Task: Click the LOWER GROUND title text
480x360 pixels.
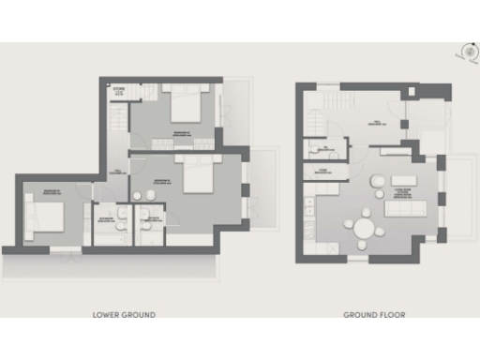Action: (124, 315)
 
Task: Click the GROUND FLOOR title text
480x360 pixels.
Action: (374, 315)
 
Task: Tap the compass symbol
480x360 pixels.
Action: (463, 52)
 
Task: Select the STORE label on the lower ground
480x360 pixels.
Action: (119, 92)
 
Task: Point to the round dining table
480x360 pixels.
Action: (364, 227)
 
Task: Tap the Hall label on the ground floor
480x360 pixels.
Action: (375, 122)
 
